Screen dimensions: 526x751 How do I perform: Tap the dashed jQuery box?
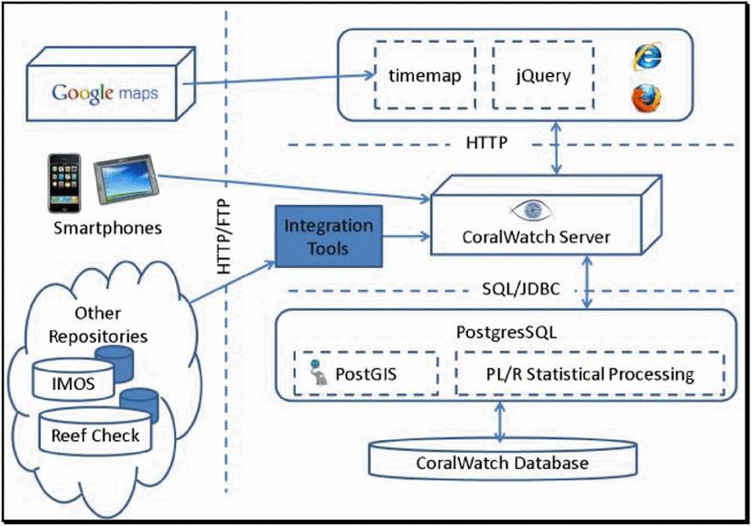pos(542,76)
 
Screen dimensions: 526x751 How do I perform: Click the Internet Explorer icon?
pos(645,57)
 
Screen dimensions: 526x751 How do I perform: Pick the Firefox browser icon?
pos(645,98)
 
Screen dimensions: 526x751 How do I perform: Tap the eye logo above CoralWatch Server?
pos(537,209)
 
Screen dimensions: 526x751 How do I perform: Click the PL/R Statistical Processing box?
pos(589,373)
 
